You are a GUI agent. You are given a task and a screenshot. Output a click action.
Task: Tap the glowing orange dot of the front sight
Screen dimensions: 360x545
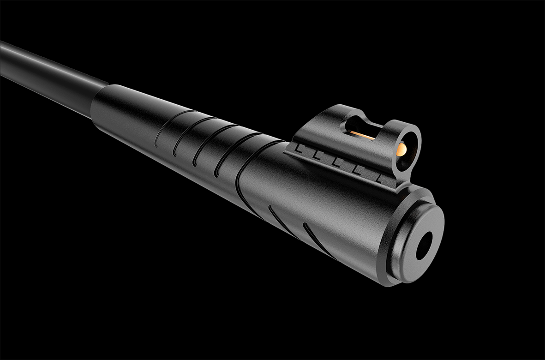click(401, 149)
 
